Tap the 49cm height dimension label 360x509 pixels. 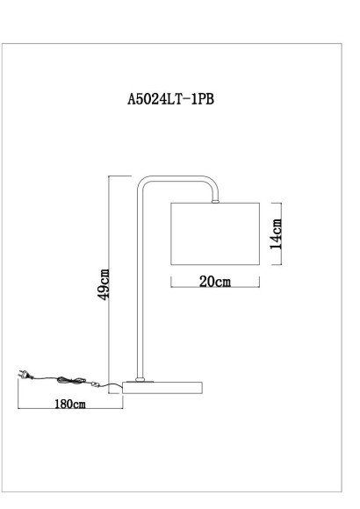pyautogui.click(x=104, y=283)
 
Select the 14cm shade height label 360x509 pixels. pyautogui.click(x=276, y=233)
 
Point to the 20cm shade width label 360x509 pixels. pyautogui.click(x=215, y=281)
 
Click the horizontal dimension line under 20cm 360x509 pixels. pyautogui.click(x=215, y=289)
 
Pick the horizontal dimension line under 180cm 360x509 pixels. pyautogui.click(x=69, y=411)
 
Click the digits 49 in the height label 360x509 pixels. pyautogui.click(x=104, y=291)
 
